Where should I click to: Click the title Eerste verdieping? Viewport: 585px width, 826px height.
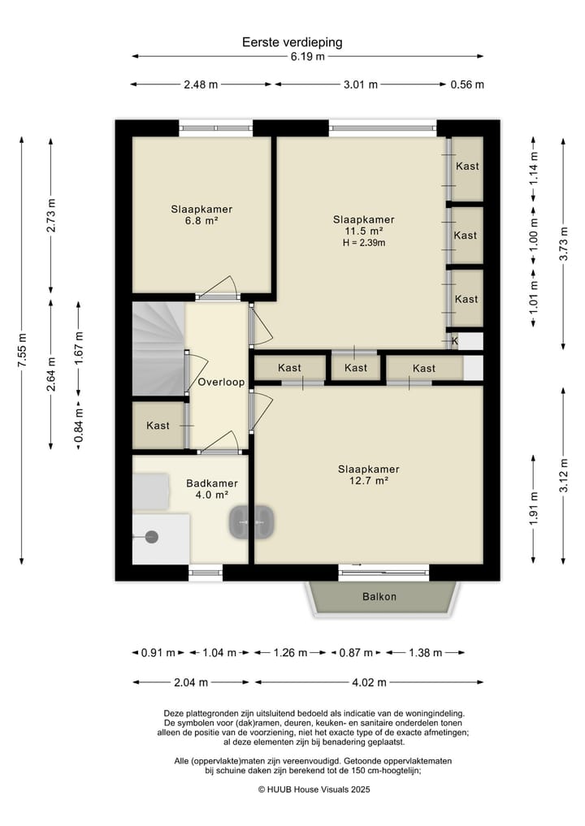tap(292, 42)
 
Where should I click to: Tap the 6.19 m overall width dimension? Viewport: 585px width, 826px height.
tap(308, 56)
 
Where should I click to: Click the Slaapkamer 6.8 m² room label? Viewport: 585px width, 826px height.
tap(201, 215)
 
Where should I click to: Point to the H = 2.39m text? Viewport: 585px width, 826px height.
tap(364, 243)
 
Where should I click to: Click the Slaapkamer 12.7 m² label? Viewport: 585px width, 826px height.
tap(368, 474)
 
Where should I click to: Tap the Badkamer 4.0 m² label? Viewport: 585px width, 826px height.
tap(212, 489)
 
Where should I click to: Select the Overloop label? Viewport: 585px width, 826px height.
tap(221, 382)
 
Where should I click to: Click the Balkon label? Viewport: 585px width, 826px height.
tap(379, 597)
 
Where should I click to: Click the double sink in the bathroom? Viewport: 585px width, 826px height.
tap(251, 521)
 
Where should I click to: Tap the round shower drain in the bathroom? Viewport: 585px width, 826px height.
tap(152, 537)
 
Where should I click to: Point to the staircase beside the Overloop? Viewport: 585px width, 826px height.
tap(158, 348)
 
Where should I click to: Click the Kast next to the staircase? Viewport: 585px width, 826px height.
tap(158, 426)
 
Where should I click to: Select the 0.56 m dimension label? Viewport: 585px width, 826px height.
tap(467, 84)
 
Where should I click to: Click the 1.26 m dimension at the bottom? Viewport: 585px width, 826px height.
tap(290, 653)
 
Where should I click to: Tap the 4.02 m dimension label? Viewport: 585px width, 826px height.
tap(369, 683)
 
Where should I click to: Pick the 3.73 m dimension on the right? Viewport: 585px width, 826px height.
tap(563, 244)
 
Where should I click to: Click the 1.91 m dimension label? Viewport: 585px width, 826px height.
tap(534, 508)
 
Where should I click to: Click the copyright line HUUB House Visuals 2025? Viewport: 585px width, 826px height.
tap(314, 789)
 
